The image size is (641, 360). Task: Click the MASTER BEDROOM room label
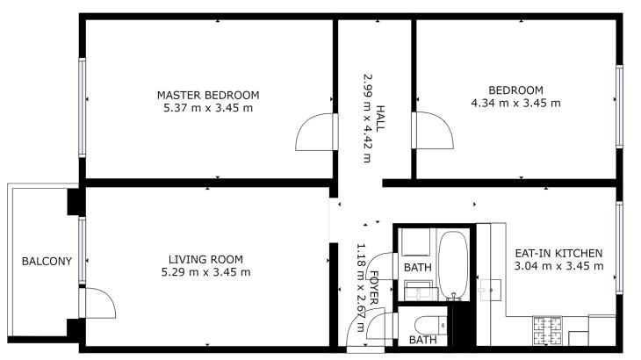point(208,95)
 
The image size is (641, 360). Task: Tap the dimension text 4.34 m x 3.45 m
point(515,103)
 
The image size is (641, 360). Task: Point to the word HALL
point(380,119)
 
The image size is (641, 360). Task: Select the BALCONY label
point(47,261)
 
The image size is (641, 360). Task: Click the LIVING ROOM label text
point(205,260)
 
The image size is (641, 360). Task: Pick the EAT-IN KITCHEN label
point(558,254)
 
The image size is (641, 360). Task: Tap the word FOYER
point(373,288)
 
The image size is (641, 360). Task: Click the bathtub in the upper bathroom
point(453,265)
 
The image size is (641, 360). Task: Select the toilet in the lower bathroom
point(430,326)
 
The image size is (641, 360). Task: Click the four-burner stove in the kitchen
point(547,330)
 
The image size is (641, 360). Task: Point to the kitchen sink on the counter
point(490,290)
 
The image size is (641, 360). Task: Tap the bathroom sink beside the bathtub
point(419,290)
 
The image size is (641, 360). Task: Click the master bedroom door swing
point(315,132)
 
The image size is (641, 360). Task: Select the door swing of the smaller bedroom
point(433,130)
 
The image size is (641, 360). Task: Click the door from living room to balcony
point(98,303)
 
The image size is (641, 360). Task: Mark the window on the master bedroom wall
point(83,107)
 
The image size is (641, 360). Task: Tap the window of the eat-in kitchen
point(619,248)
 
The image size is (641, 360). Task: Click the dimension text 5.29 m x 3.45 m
point(205,272)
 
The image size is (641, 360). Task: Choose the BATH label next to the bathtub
point(417,268)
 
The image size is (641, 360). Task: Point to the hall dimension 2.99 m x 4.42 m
point(368,118)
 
